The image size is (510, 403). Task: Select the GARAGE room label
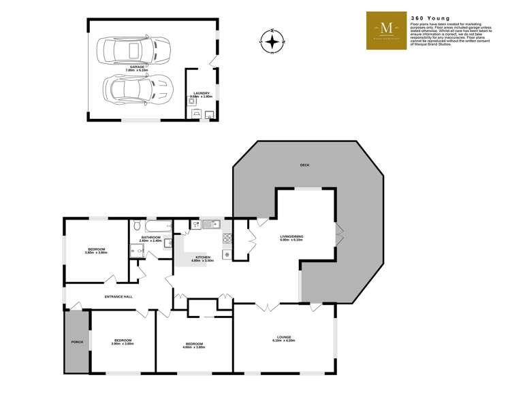(137, 67)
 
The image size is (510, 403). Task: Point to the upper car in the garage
(136, 50)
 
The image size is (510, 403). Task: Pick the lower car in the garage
(136, 87)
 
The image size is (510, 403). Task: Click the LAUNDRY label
(201, 93)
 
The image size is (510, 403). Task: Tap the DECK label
(304, 165)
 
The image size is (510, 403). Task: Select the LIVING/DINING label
(291, 236)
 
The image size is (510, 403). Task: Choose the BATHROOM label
(150, 237)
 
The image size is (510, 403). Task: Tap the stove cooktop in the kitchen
(227, 239)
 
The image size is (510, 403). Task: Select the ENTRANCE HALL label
(118, 296)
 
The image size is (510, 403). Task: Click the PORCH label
(77, 342)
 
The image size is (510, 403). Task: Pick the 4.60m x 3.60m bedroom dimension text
(195, 347)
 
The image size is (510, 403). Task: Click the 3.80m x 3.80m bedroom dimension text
(97, 252)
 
